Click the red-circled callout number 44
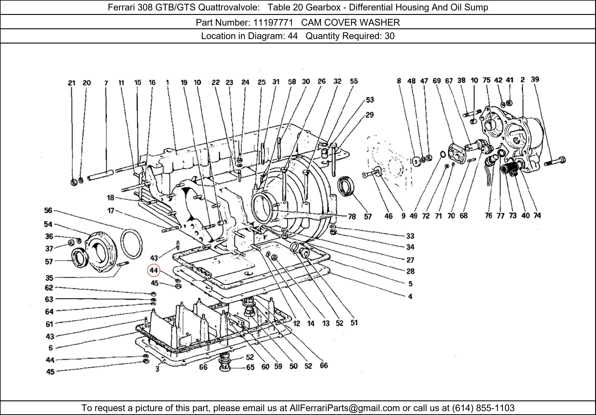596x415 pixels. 153,270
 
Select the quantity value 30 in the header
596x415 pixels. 389,36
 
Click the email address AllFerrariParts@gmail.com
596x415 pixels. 344,408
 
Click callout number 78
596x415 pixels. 352,216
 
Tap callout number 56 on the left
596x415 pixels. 48,210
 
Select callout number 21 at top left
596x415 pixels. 72,83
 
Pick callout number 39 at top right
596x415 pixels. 535,79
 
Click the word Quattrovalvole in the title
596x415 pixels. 228,7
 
